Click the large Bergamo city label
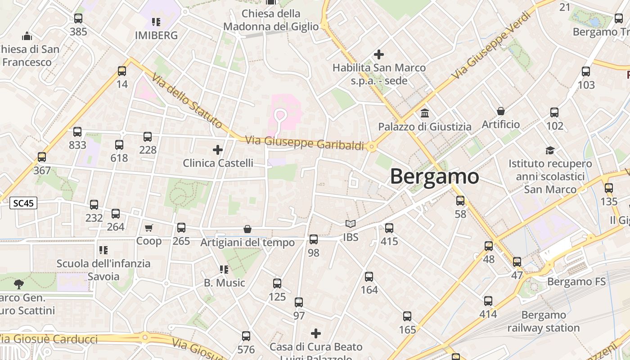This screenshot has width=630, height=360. pos(434,176)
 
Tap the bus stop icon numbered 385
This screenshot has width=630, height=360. pos(78,18)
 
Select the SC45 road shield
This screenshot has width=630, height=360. pos(23,203)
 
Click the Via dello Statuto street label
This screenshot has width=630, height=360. pos(187,100)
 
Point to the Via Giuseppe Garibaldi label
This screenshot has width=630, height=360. pos(305,143)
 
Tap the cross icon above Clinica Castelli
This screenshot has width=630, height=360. pos(218,149)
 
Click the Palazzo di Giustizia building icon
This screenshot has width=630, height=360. pos(424,113)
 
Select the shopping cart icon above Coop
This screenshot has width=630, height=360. pos(149,228)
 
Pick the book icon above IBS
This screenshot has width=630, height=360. pos(351,224)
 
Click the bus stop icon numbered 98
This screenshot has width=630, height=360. pos(314,239)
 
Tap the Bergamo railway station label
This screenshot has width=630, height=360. pos(543,321)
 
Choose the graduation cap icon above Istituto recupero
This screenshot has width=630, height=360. pos(550,150)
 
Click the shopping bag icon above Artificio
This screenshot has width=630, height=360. pos(501,111)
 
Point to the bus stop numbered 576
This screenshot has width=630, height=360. pos(246,336)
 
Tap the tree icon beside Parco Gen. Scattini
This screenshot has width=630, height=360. pos(18,284)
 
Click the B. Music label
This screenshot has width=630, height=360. pos(225,283)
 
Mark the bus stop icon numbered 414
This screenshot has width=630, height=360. pos(488,301)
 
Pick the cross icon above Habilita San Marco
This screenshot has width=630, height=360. pos(379,54)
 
